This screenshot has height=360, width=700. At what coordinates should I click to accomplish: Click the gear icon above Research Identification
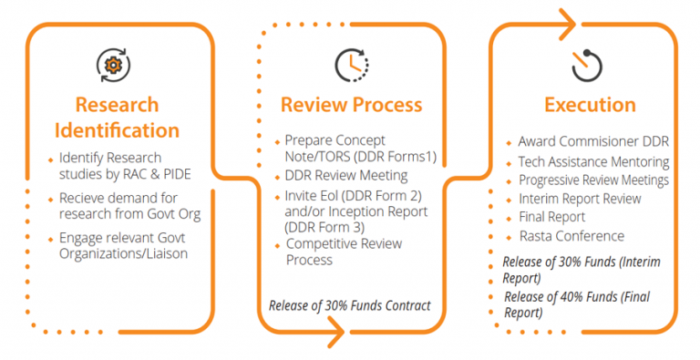[113, 66]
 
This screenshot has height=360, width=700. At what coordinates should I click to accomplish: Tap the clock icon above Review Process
[352, 66]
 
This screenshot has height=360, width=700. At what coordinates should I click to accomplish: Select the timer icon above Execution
[587, 66]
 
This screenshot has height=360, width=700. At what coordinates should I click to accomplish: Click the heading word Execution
[591, 105]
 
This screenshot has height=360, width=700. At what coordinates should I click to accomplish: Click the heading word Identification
[117, 130]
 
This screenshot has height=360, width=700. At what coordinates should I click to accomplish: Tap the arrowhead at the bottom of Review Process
[335, 332]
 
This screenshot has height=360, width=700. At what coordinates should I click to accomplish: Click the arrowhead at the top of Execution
[567, 24]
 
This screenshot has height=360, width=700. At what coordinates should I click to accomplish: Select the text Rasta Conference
[571, 236]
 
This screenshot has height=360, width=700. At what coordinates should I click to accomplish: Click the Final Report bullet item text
[552, 217]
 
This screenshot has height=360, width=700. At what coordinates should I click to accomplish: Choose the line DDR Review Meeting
[346, 176]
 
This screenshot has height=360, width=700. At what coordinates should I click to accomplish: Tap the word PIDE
[178, 174]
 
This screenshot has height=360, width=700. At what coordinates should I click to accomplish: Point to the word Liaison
[169, 253]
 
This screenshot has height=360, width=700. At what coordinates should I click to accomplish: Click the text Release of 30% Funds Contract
[350, 305]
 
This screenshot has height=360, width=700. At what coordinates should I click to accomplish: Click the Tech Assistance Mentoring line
[593, 161]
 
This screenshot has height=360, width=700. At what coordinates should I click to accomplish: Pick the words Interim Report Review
[580, 199]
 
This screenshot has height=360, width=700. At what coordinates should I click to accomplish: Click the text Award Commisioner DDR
[593, 141]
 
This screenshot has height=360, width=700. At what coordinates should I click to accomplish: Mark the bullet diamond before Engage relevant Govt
[50, 240]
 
